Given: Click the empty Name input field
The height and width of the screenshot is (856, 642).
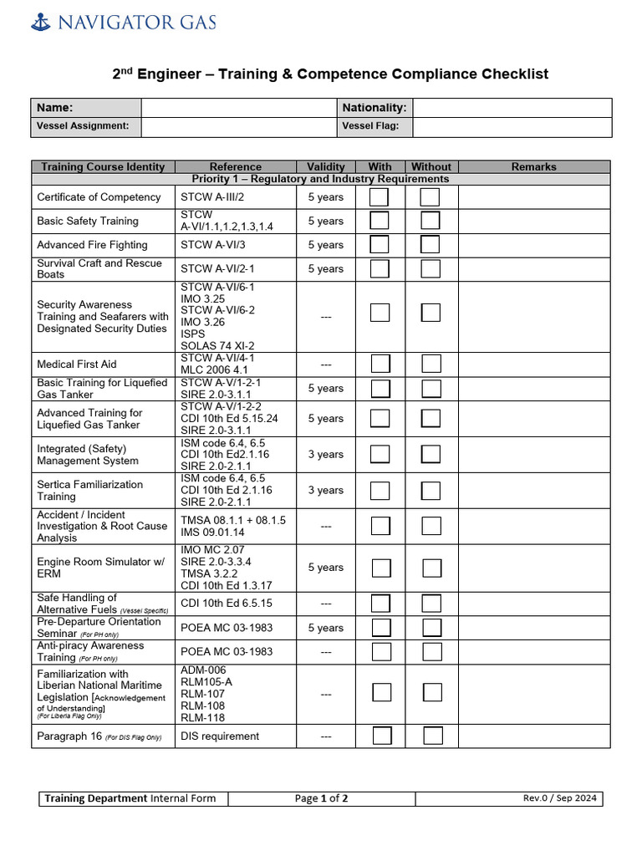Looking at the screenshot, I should tap(238, 108).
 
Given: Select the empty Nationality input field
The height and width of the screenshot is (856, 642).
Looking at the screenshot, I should tap(512, 108).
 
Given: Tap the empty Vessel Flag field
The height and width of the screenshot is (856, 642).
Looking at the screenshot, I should tap(512, 126).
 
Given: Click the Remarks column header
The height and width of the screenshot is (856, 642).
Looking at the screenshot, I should tap(533, 166).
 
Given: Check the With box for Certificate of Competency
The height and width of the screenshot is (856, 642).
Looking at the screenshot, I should tap(380, 197).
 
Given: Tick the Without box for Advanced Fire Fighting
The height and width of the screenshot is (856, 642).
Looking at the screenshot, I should tap(431, 245).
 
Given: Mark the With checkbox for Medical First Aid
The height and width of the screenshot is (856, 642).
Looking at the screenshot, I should tap(380, 364).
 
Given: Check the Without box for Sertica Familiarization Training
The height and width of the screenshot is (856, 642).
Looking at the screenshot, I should tap(431, 491).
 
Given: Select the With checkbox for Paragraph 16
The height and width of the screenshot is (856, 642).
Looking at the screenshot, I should tap(381, 736).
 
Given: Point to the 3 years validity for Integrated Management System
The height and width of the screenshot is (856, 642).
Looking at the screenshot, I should tap(325, 455).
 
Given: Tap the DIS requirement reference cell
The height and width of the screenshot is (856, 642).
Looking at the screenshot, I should tap(220, 736).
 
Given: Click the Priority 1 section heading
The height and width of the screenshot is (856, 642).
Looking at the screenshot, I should tap(320, 179).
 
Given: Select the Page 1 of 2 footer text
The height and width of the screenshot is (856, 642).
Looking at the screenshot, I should tap(321, 798).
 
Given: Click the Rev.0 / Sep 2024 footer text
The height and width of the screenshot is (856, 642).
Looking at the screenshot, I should tap(560, 798).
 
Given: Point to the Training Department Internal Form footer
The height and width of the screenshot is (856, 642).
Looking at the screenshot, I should tap(130, 798).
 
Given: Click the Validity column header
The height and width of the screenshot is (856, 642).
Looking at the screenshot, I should tap(325, 166).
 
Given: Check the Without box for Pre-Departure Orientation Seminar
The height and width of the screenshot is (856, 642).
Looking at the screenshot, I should tap(431, 628).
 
